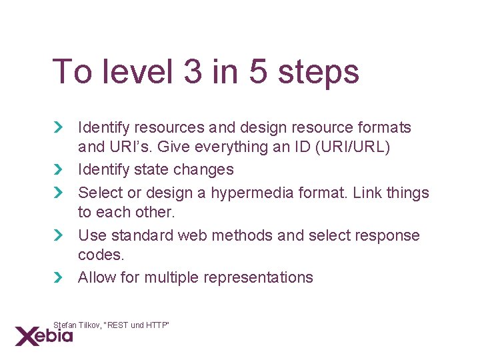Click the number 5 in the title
[x=258, y=72]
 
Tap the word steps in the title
[x=318, y=73]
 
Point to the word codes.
[x=100, y=255]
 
